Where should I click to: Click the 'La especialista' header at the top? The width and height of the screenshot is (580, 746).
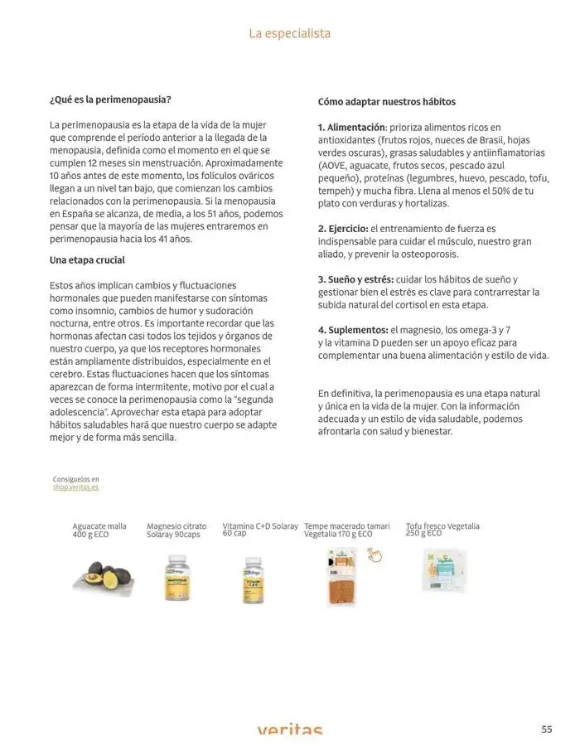[x=289, y=34]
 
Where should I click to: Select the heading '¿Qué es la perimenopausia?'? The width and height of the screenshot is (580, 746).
[x=110, y=99]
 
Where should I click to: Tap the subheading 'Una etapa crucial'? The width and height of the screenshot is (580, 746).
[x=87, y=260]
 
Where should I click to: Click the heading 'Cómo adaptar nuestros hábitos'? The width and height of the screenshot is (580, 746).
[x=387, y=102]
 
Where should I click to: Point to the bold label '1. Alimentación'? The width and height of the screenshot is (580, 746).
[x=352, y=128]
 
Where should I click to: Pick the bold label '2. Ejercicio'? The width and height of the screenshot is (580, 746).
[x=342, y=228]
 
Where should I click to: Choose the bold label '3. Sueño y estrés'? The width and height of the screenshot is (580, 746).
[x=355, y=279]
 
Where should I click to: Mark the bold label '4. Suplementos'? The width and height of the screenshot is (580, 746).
[x=352, y=330]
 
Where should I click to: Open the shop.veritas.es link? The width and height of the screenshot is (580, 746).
[x=75, y=487]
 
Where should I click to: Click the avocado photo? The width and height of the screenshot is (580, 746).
[x=100, y=573]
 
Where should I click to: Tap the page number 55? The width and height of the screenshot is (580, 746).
[x=547, y=729]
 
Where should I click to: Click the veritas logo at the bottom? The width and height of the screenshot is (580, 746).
[x=289, y=730]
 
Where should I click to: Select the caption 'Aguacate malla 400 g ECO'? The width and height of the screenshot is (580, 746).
[x=99, y=530]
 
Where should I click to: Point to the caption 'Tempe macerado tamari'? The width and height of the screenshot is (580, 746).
[x=346, y=526]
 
